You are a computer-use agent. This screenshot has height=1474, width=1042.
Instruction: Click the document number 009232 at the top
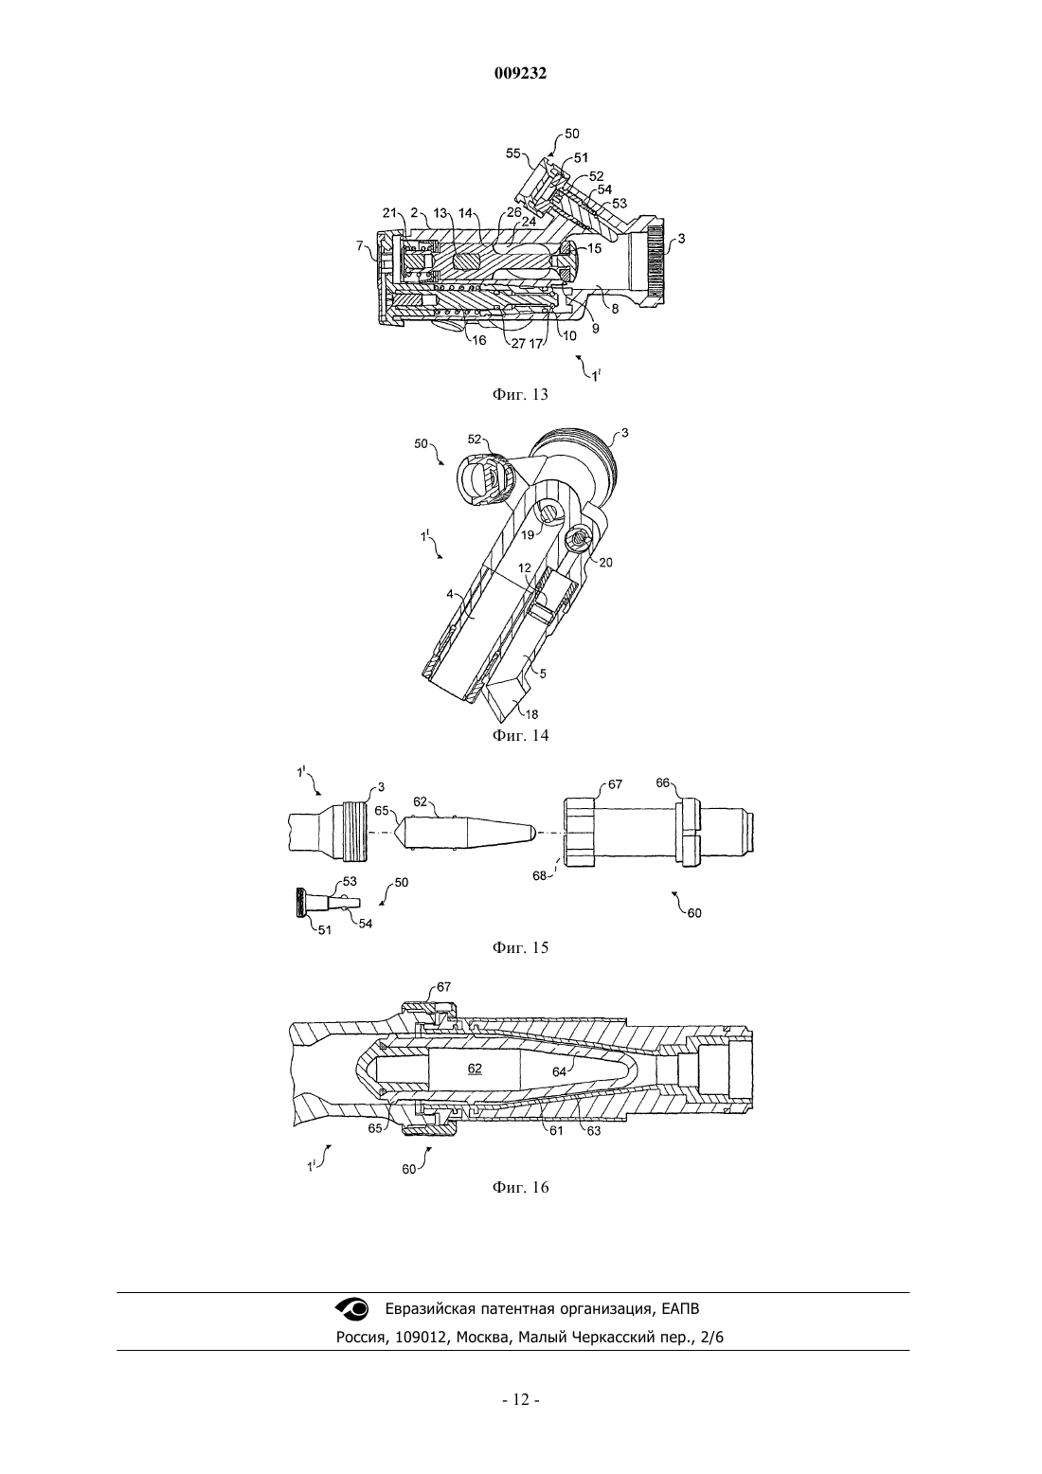pos(520,74)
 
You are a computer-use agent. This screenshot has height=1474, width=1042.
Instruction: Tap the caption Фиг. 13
pos(520,394)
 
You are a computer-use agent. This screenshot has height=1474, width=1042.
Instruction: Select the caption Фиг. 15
pos(520,947)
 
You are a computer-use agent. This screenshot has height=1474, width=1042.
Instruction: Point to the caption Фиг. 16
pos(520,1187)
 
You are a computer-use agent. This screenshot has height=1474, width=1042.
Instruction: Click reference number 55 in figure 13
pos(513,153)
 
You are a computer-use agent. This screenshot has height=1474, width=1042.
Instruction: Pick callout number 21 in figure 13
pos(390,212)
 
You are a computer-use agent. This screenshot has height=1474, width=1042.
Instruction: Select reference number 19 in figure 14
pos(528,535)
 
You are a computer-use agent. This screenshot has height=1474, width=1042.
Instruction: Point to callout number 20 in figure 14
pos(606,562)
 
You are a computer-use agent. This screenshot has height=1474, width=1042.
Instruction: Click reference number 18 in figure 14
pos(530,714)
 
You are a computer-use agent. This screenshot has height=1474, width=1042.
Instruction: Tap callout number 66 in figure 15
pos(663,782)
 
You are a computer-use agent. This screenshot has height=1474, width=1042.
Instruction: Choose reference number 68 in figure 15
pos(539,876)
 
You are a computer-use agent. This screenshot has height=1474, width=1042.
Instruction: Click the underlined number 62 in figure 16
pos(475,1068)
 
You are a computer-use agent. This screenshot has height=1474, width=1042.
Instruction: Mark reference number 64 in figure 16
pos(559,1072)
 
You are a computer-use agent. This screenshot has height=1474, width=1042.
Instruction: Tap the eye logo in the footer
pos(352,1309)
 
